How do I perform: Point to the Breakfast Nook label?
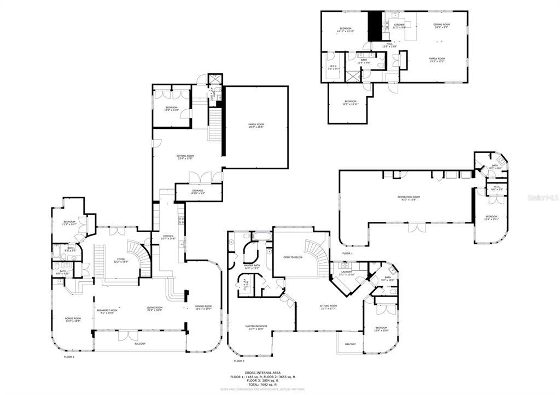[105, 311]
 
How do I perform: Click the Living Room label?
[155, 309]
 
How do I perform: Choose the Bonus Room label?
[72, 320]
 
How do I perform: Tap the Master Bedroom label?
[257, 328]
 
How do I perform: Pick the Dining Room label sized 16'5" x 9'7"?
[441, 25]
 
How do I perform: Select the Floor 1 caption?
[347, 253]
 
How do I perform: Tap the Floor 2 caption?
[69, 357]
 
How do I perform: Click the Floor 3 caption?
[238, 361]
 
